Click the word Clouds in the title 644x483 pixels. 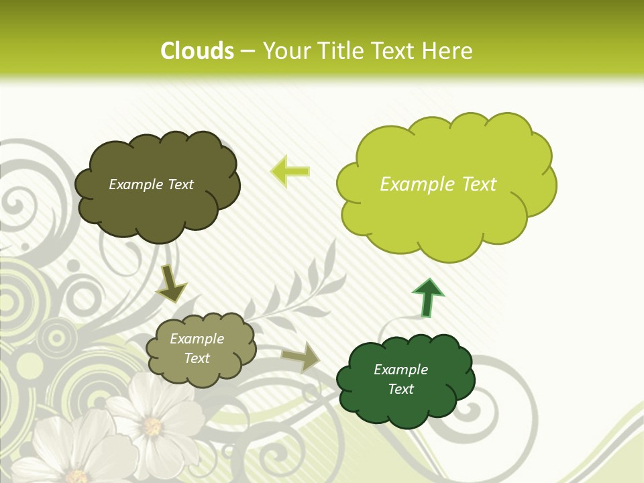(197, 51)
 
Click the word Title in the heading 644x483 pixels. (339, 51)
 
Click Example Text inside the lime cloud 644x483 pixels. (438, 184)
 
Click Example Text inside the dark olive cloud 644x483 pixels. (151, 184)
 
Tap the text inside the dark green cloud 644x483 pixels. (400, 379)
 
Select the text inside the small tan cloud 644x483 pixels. (197, 348)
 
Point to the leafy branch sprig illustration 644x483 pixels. (295, 288)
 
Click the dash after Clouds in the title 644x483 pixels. (248, 52)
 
